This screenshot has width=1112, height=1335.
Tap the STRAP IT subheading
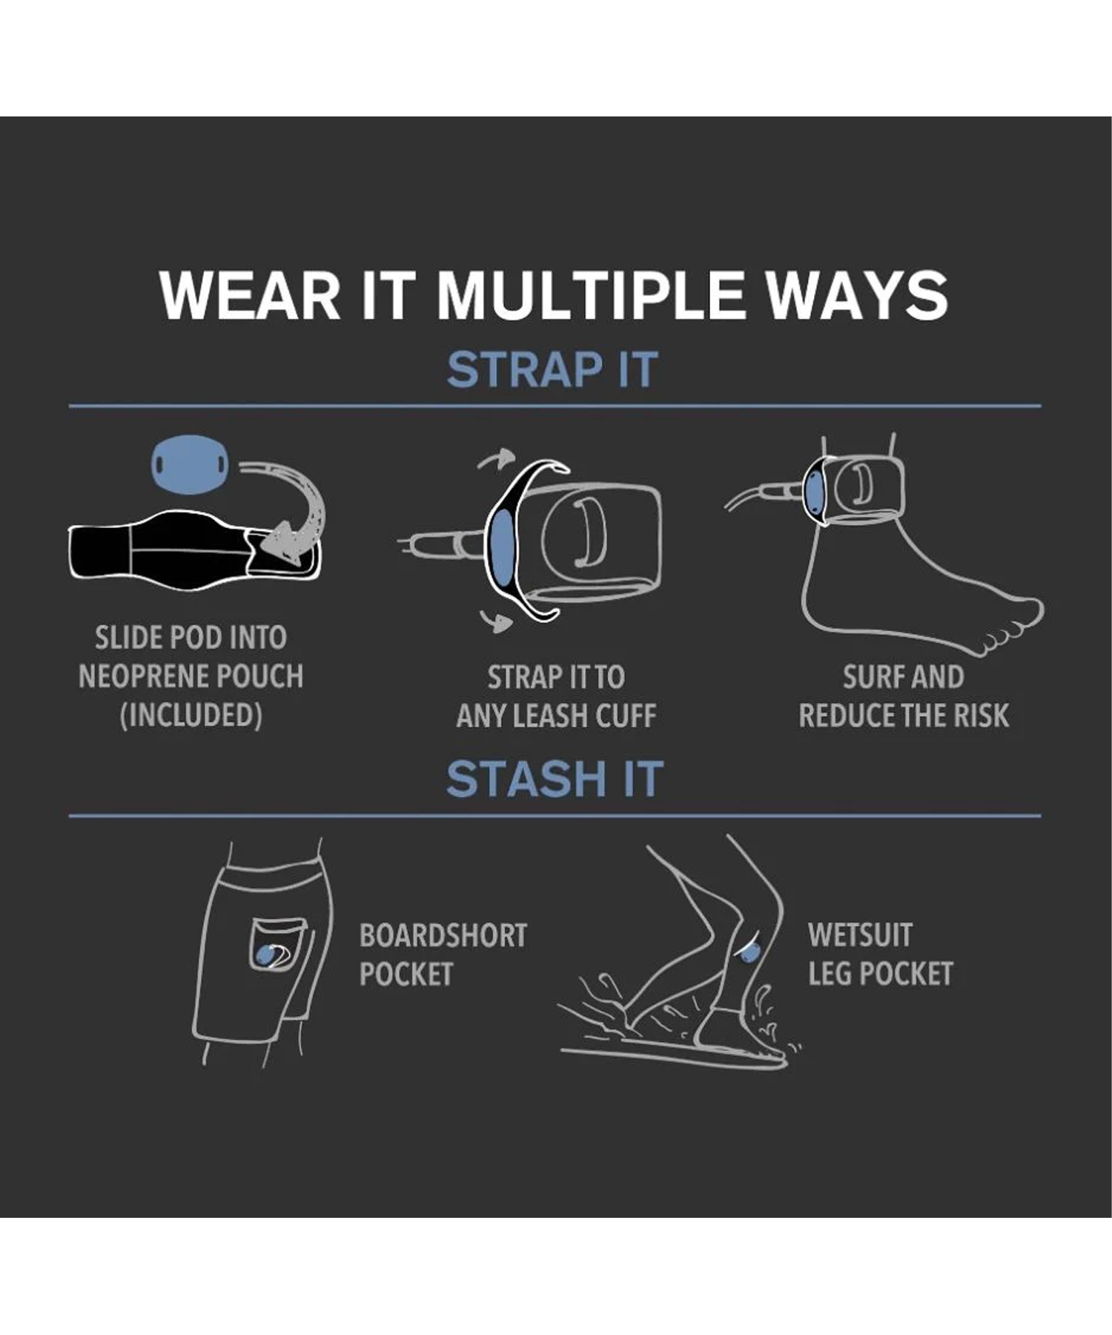coord(552,369)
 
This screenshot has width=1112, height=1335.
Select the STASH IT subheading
coord(555,779)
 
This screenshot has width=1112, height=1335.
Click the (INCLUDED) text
coord(191,716)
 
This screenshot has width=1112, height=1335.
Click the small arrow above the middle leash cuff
coord(495,459)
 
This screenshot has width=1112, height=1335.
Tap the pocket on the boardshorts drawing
coord(277,943)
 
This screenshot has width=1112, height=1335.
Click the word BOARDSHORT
coord(443,935)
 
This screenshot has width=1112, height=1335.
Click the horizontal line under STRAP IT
coord(555,406)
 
